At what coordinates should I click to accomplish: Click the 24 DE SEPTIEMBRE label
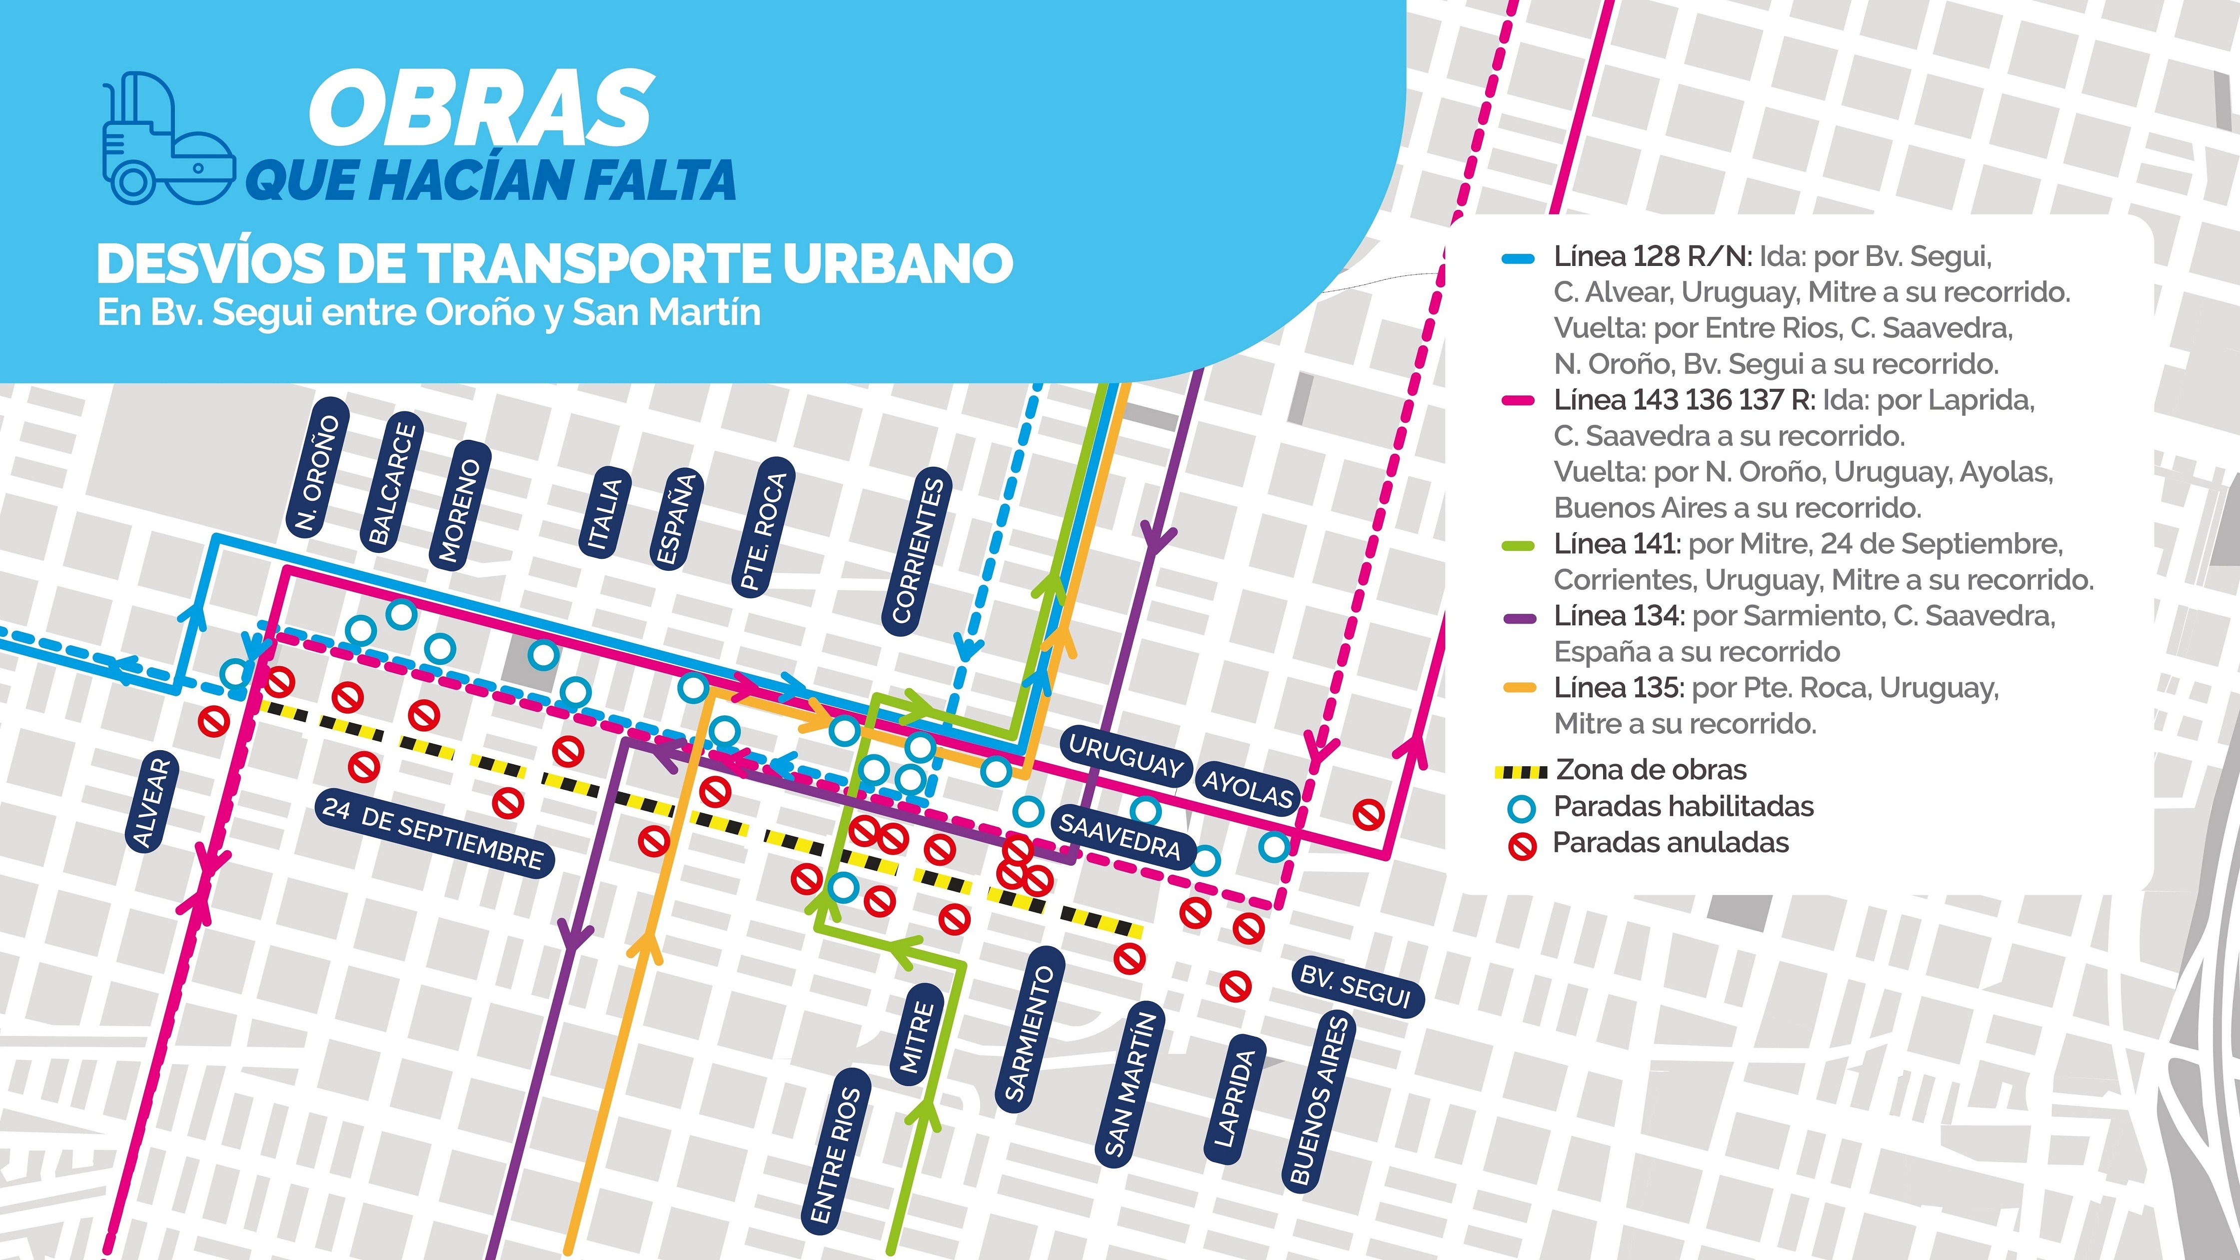(x=433, y=832)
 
